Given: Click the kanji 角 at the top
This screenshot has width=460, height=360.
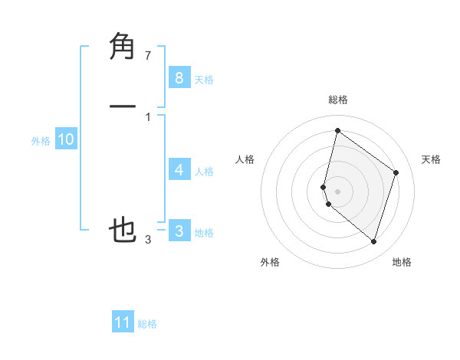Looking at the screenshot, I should [123, 47].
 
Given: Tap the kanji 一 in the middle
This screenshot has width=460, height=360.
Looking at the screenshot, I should [123, 107].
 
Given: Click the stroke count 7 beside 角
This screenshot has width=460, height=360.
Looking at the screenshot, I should [148, 56].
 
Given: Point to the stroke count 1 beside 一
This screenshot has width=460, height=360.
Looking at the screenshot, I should [148, 116].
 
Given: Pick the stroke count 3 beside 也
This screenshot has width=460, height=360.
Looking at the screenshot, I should [148, 240].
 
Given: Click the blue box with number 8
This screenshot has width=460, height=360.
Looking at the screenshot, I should [179, 77].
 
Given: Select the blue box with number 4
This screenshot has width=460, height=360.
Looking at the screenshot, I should [179, 169].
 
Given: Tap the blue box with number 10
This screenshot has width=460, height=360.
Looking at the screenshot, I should [65, 139].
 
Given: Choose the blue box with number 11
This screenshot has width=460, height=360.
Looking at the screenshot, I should [123, 322].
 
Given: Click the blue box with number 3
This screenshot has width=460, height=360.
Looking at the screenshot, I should [179, 231].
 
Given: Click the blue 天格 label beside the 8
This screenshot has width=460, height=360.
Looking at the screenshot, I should [204, 80].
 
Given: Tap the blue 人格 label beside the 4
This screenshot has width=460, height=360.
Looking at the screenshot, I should [204, 172].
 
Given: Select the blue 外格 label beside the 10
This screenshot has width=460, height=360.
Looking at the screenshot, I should [41, 141].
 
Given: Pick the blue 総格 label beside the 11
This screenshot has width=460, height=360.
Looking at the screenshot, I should [147, 325].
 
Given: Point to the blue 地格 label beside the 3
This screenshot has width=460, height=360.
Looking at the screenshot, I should [204, 233].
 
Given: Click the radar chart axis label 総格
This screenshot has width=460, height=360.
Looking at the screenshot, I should [337, 100].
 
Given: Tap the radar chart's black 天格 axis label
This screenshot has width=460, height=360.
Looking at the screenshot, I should [431, 159].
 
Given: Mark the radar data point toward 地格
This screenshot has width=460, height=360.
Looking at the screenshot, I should [373, 242].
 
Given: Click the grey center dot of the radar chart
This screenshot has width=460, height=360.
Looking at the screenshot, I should [337, 191].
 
